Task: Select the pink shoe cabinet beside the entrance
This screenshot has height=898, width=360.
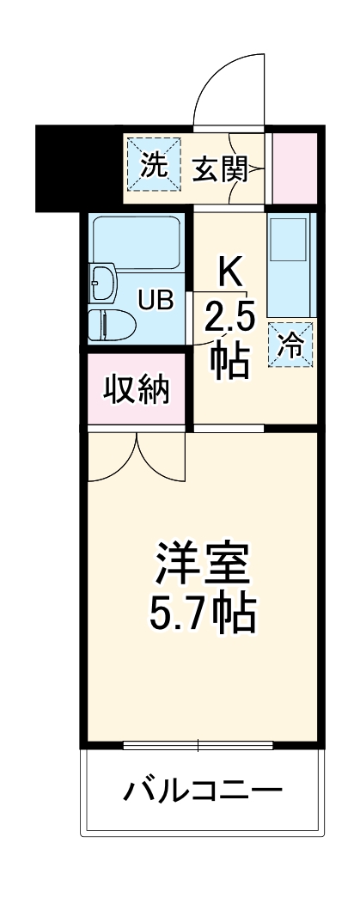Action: pos(295,168)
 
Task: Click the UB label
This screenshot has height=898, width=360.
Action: pos(157,300)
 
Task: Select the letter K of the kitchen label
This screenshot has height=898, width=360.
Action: pos(229,274)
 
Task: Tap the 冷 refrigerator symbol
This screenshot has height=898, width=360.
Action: pos(291,345)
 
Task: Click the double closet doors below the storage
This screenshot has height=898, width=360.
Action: pos(136,455)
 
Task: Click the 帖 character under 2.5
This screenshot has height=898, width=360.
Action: pos(230,362)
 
